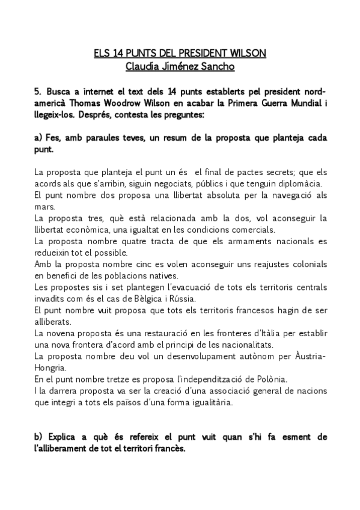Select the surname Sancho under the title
click(x=214, y=66)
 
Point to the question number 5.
click(x=37, y=91)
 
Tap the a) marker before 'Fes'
click(x=38, y=138)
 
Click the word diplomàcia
click(x=299, y=183)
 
